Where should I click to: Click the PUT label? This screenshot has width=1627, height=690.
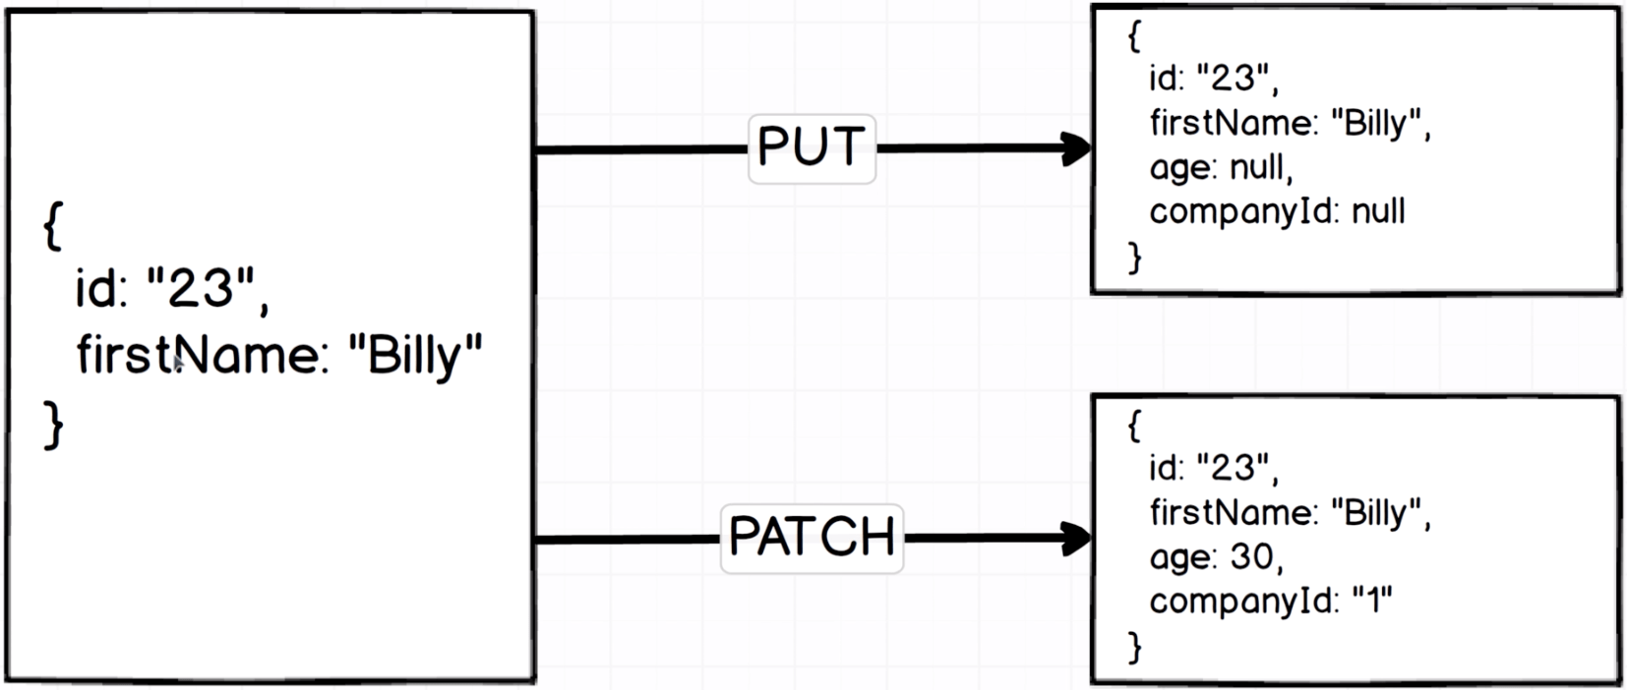tap(812, 148)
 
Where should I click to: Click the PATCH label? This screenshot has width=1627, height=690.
tap(812, 538)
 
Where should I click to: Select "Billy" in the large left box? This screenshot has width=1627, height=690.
tap(415, 355)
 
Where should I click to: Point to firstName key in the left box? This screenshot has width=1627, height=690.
tap(200, 355)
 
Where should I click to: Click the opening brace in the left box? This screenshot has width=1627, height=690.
tap(53, 226)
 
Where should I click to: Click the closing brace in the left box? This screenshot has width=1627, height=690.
tap(53, 427)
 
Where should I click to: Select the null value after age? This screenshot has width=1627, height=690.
tap(1258, 167)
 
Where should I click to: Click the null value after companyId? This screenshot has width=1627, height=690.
tap(1378, 211)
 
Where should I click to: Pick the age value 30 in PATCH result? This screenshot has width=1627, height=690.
tap(1251, 557)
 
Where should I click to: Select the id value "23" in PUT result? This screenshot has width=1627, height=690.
tap(1234, 79)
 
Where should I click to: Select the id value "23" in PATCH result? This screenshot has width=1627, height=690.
tap(1234, 468)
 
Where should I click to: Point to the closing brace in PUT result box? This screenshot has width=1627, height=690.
tap(1135, 257)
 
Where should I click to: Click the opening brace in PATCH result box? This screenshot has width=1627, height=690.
tap(1134, 425)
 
